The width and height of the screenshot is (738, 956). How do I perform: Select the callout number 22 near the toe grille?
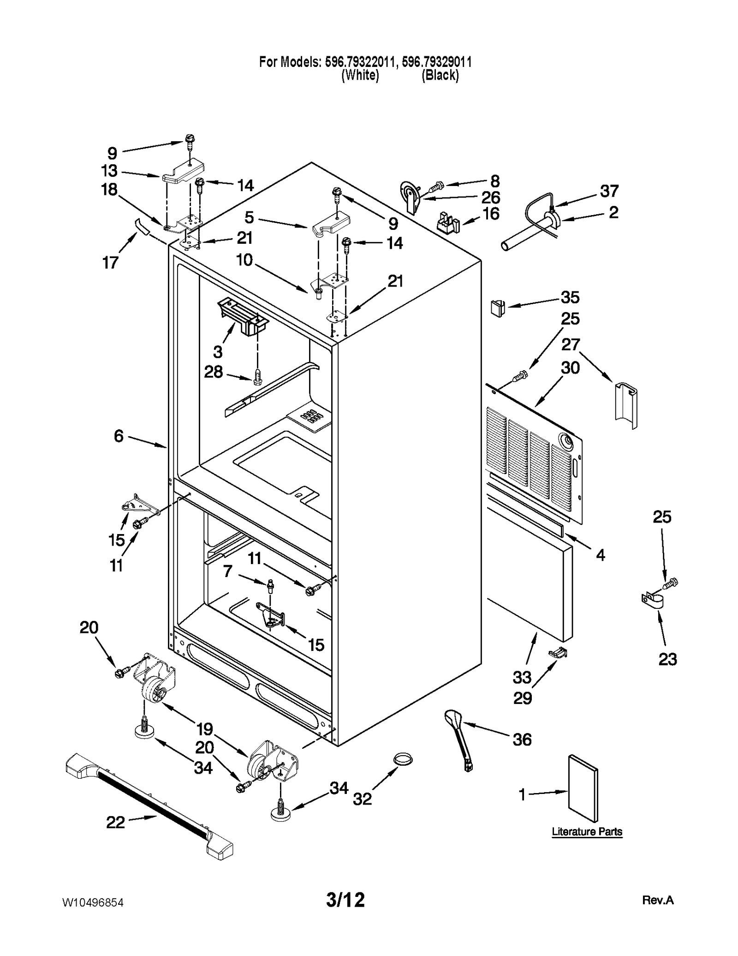115,822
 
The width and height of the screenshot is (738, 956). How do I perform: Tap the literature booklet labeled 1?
583,789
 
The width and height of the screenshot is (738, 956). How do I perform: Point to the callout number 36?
522,739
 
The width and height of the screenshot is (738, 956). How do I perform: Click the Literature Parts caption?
587,831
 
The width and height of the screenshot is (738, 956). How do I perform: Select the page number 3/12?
345,900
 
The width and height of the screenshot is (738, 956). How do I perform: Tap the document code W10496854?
93,902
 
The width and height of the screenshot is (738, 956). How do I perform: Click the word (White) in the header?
360,75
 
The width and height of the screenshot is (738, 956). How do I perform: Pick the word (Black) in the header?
440,75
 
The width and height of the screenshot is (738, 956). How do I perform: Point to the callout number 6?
119,436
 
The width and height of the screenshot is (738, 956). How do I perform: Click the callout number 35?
570,297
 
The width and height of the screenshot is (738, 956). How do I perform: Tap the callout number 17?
110,263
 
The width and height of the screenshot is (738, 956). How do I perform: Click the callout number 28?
214,372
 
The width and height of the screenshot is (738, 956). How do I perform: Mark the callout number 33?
522,678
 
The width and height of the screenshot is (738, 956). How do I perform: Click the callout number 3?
218,352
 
